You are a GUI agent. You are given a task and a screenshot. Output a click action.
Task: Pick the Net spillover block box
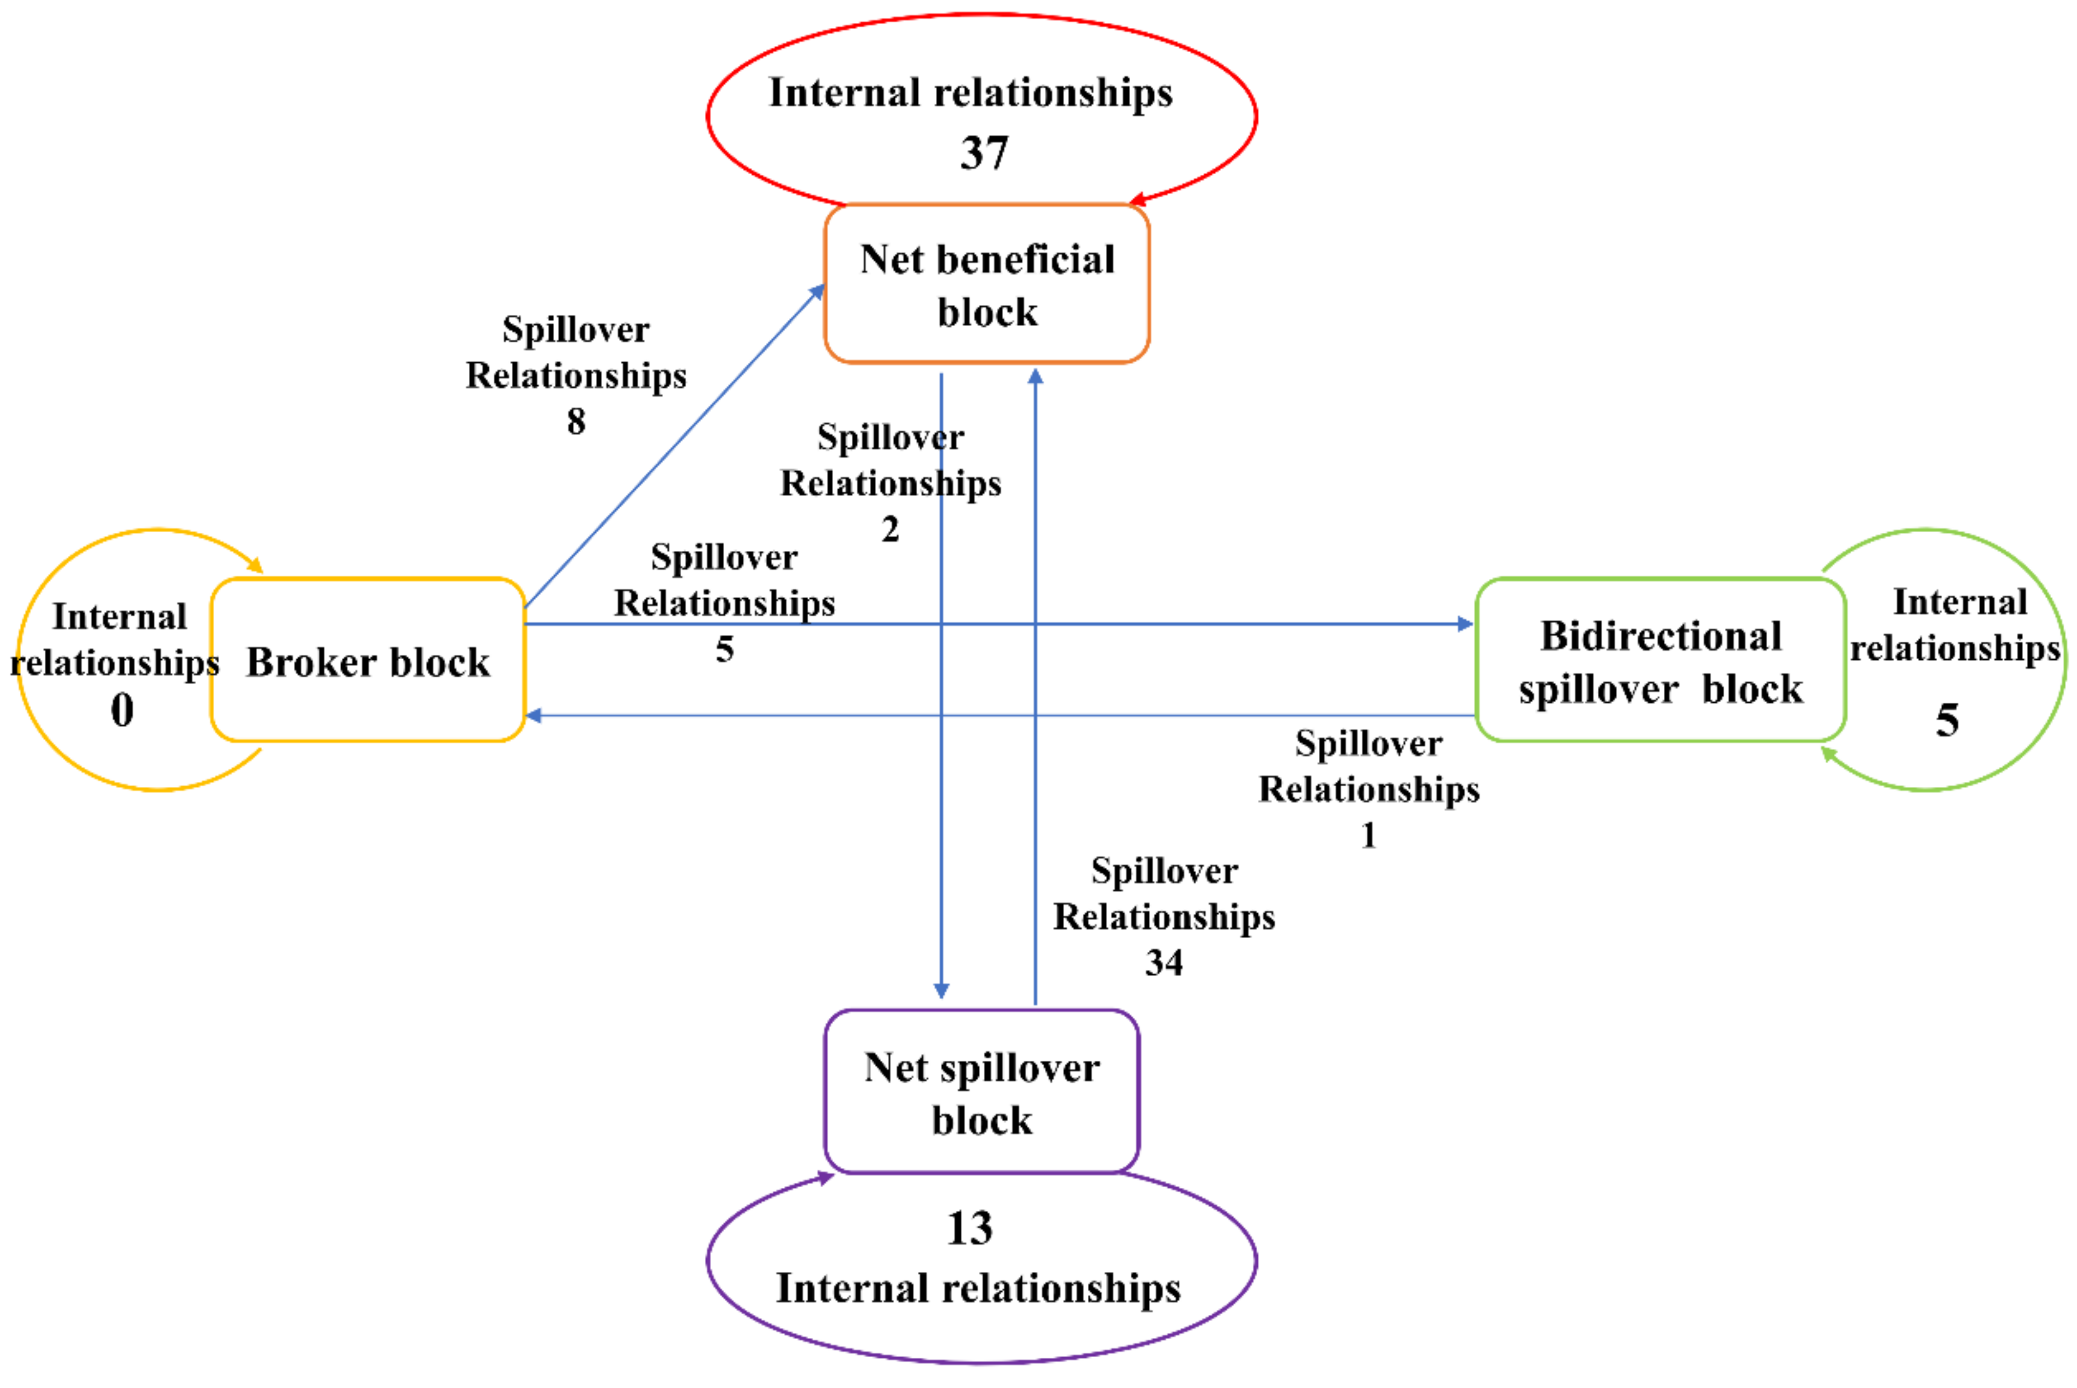[981, 1092]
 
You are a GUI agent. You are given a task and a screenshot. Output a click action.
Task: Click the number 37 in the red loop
[984, 153]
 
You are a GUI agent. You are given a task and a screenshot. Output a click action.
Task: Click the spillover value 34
[1163, 962]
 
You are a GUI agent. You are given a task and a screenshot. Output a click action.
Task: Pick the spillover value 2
[890, 529]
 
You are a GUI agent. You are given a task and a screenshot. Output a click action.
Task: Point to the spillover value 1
[1368, 835]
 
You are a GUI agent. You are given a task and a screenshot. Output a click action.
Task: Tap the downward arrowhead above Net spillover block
[941, 991]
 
